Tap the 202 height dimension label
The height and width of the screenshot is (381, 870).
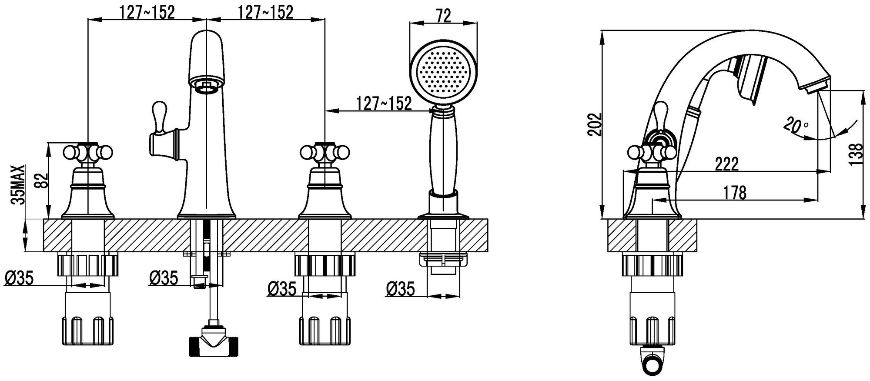tap(594, 124)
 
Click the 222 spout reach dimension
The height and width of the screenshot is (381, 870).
tap(726, 164)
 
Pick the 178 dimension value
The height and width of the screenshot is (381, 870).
tap(735, 192)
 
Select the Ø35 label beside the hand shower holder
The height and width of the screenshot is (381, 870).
tap(400, 288)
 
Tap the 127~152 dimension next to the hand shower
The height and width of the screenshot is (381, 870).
tap(384, 104)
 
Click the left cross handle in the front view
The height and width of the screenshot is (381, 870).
tap(88, 152)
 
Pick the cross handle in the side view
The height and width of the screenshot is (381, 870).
tap(652, 153)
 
